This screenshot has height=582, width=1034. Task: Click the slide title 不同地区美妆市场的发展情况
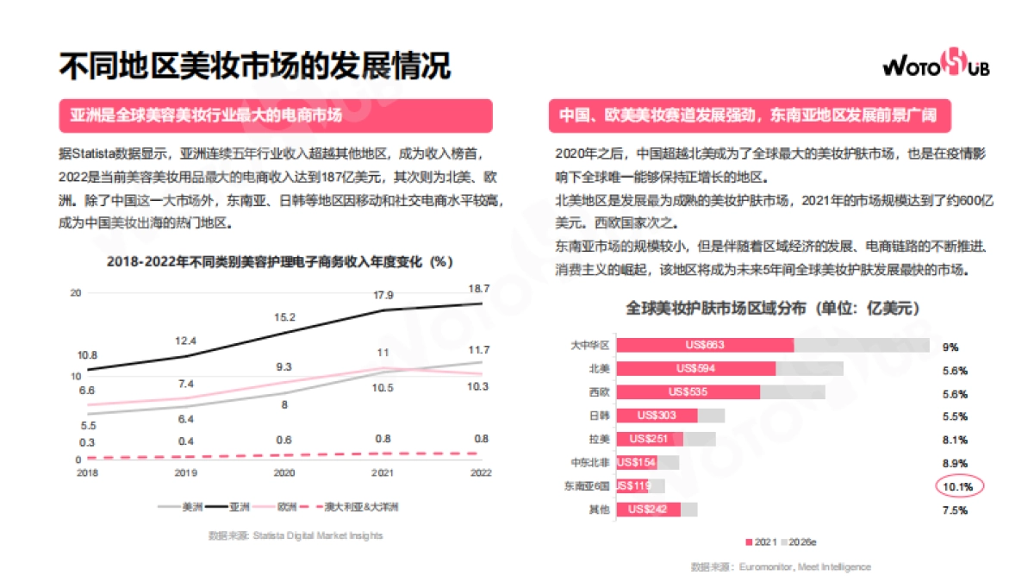tap(254, 66)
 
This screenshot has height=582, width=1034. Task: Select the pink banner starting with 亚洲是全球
tap(275, 115)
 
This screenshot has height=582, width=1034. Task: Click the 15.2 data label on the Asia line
tap(284, 317)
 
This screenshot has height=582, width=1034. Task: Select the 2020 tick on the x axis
tap(284, 472)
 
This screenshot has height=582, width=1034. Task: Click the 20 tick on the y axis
tap(76, 293)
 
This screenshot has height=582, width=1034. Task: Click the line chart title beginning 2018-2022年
tap(280, 260)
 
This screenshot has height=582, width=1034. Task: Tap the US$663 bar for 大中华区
tap(705, 345)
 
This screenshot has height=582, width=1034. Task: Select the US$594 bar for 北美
tap(695, 368)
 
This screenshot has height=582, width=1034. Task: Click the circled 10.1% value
tap(958, 486)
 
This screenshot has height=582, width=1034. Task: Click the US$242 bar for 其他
tap(649, 510)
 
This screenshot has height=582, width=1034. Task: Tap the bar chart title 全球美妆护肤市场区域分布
tap(771, 308)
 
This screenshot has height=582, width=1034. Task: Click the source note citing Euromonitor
tap(780, 566)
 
